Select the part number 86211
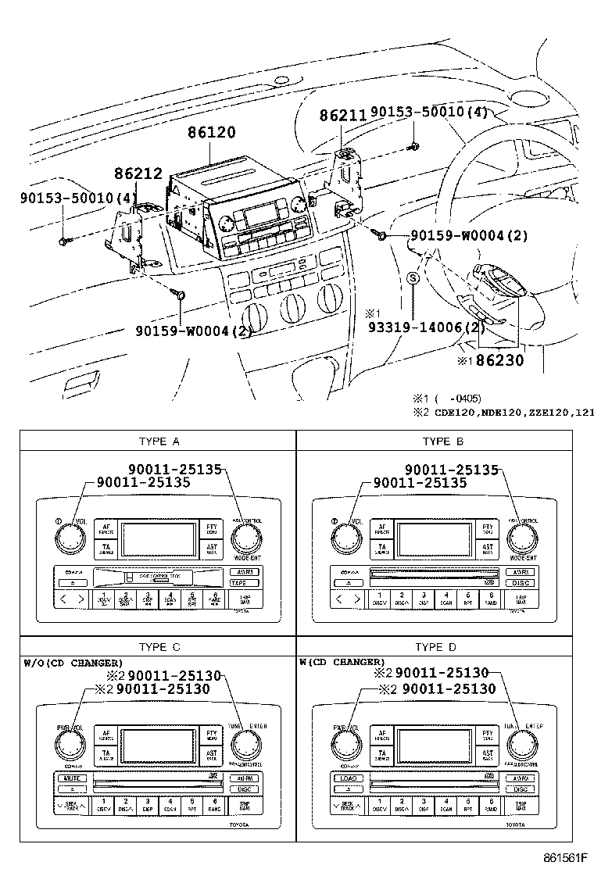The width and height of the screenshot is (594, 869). click(x=342, y=116)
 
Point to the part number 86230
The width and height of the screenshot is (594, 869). click(x=500, y=361)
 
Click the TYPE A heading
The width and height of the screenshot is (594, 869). click(x=159, y=442)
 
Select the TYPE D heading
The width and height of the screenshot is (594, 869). click(x=436, y=646)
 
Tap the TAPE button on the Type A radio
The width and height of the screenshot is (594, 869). click(x=240, y=583)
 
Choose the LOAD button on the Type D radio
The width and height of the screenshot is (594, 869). click(x=347, y=778)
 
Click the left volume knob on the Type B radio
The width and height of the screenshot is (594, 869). click(x=345, y=537)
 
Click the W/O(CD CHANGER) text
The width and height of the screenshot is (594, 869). click(x=73, y=663)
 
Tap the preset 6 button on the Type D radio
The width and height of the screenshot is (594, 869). click(x=491, y=805)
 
